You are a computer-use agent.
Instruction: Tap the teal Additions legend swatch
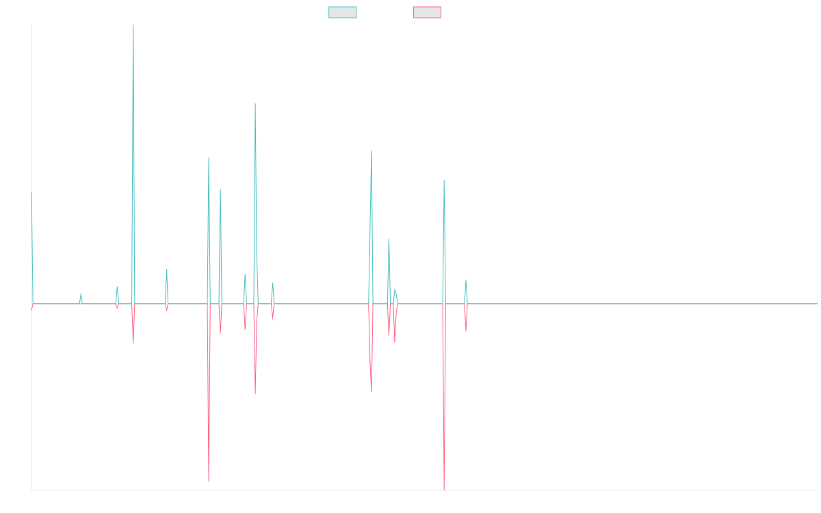343,12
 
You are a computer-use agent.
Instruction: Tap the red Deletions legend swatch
427,12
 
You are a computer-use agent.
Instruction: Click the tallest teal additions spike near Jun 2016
133,27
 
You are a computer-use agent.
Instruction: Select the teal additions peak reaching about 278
255,104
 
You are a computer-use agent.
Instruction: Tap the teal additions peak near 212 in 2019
372,150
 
